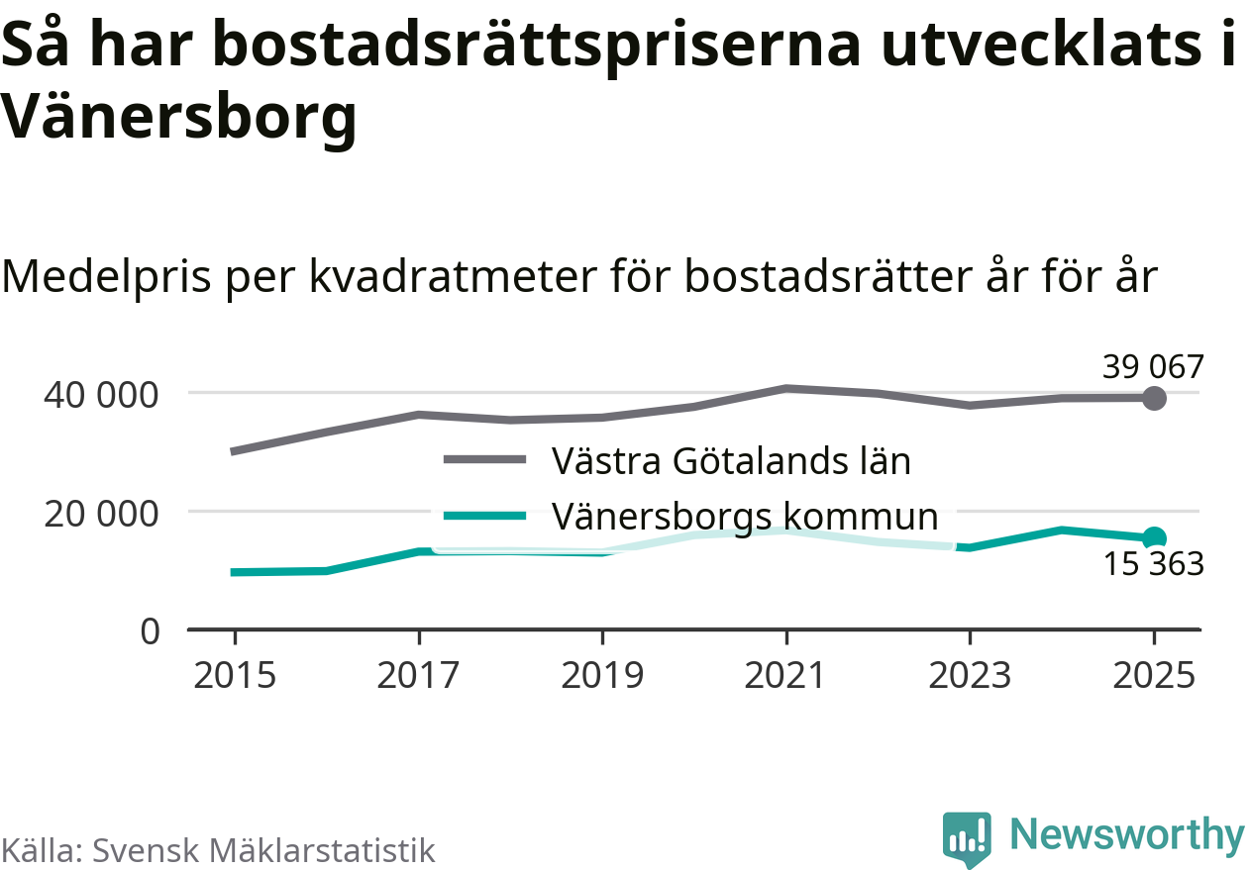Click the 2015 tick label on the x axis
235,676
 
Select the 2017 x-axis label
419,676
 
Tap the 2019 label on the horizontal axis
602,676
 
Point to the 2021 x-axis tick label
786,676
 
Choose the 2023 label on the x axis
970,676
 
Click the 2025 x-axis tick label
1154,676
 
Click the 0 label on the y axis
150,631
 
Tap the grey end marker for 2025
1154,398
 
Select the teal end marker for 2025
1154,538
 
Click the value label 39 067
1153,367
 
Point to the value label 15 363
1153,565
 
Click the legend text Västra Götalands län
731,460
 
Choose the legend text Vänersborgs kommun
744,516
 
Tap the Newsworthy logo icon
966,839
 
